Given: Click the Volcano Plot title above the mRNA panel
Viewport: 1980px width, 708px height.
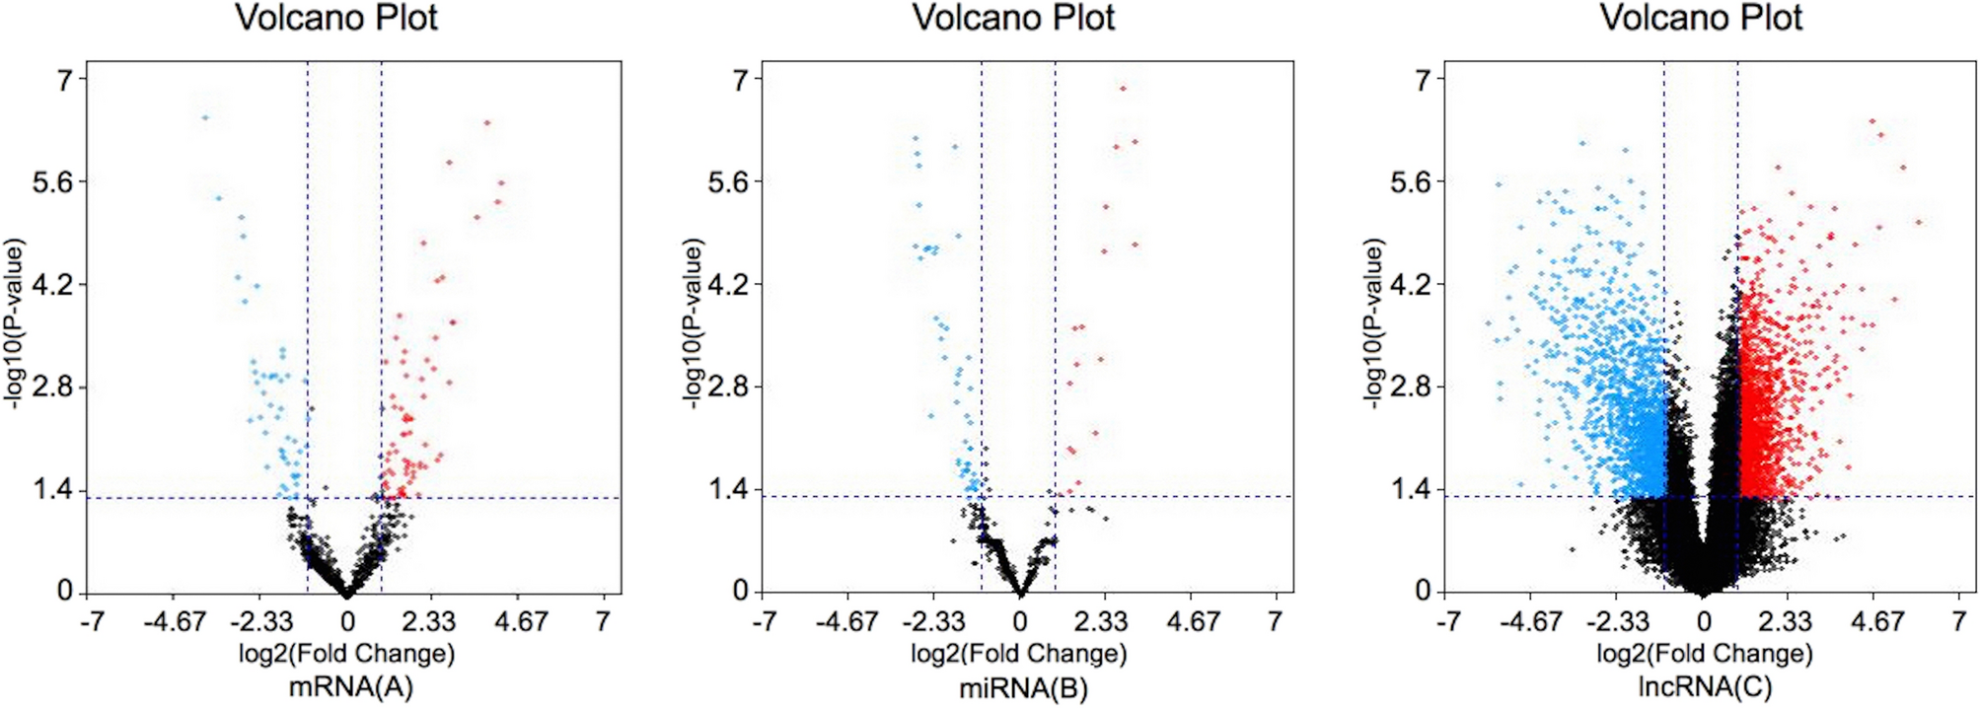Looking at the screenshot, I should point(336,18).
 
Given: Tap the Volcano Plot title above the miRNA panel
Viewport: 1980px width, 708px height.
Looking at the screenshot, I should point(1013,18).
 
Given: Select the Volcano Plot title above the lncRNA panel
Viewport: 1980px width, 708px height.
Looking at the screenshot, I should point(1701,18).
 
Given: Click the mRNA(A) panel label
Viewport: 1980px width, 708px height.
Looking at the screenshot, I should point(350,687).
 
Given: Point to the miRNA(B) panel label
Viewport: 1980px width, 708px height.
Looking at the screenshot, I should point(1023,688).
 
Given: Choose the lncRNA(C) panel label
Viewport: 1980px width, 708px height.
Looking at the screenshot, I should point(1705,687).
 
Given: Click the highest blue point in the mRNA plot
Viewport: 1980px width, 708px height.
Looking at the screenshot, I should point(205,117).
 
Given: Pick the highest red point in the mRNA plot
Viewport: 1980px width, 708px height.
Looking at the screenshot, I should point(486,123).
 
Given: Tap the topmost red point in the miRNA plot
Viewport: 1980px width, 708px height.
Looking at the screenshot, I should point(1122,89).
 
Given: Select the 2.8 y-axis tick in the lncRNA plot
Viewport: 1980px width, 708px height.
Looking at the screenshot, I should point(1410,387).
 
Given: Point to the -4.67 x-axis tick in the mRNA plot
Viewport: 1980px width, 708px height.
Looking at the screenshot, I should point(174,622).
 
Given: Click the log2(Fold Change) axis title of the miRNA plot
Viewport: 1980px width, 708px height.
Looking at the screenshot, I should point(1018,654).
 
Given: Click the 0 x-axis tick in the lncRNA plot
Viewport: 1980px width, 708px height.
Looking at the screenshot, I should point(1704,622).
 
